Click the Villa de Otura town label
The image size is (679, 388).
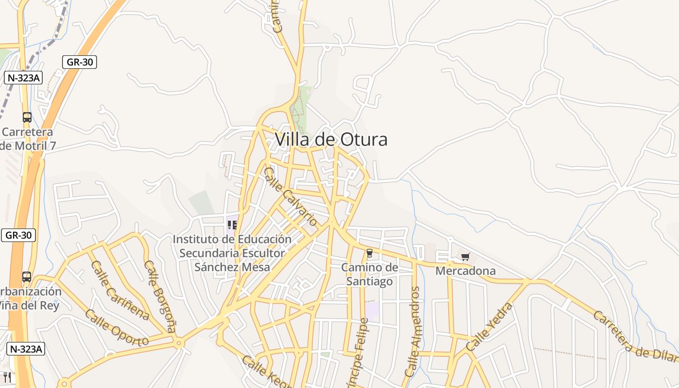pos(331,140)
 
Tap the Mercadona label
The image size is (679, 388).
pos(466,271)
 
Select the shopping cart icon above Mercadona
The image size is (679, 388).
pos(466,257)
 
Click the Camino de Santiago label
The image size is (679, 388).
pos(370,275)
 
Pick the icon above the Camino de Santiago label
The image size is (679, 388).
pos(370,252)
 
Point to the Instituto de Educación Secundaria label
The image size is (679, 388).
pos(232,253)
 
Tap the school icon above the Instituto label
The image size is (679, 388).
pos(232,225)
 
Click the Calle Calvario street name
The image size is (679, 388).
pos(291,196)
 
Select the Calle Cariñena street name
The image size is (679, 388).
pos(120,291)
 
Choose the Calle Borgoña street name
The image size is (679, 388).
pos(160,296)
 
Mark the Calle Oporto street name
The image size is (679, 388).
pos(116,328)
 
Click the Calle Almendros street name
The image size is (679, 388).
pos(413,332)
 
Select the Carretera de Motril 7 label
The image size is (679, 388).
pos(28,139)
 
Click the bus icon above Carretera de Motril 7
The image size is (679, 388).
pos(27,117)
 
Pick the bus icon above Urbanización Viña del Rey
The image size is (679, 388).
pos(27,277)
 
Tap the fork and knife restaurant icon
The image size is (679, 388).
pos(7,377)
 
